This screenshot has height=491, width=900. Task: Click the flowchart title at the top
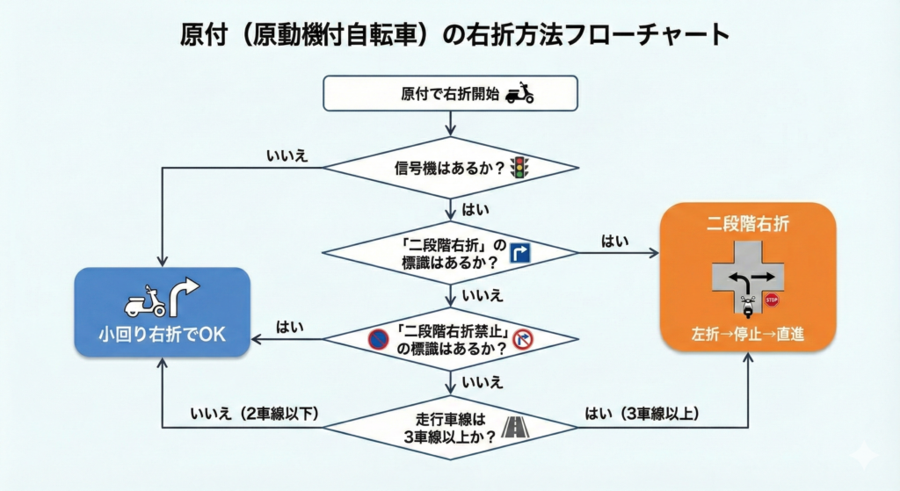(x=450, y=34)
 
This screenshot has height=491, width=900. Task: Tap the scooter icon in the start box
(x=520, y=93)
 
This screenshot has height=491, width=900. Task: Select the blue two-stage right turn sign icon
(x=519, y=254)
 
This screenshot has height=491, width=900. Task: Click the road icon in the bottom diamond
(x=514, y=428)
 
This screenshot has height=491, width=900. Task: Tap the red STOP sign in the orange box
(x=772, y=300)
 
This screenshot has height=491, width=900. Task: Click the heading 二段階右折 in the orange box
(x=748, y=224)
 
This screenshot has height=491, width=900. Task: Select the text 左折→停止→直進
(x=748, y=333)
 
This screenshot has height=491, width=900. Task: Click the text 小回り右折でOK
(x=162, y=334)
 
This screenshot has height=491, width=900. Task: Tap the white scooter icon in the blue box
(x=145, y=300)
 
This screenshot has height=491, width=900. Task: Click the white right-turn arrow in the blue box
(x=185, y=297)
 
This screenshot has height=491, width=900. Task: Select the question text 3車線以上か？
(x=449, y=437)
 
